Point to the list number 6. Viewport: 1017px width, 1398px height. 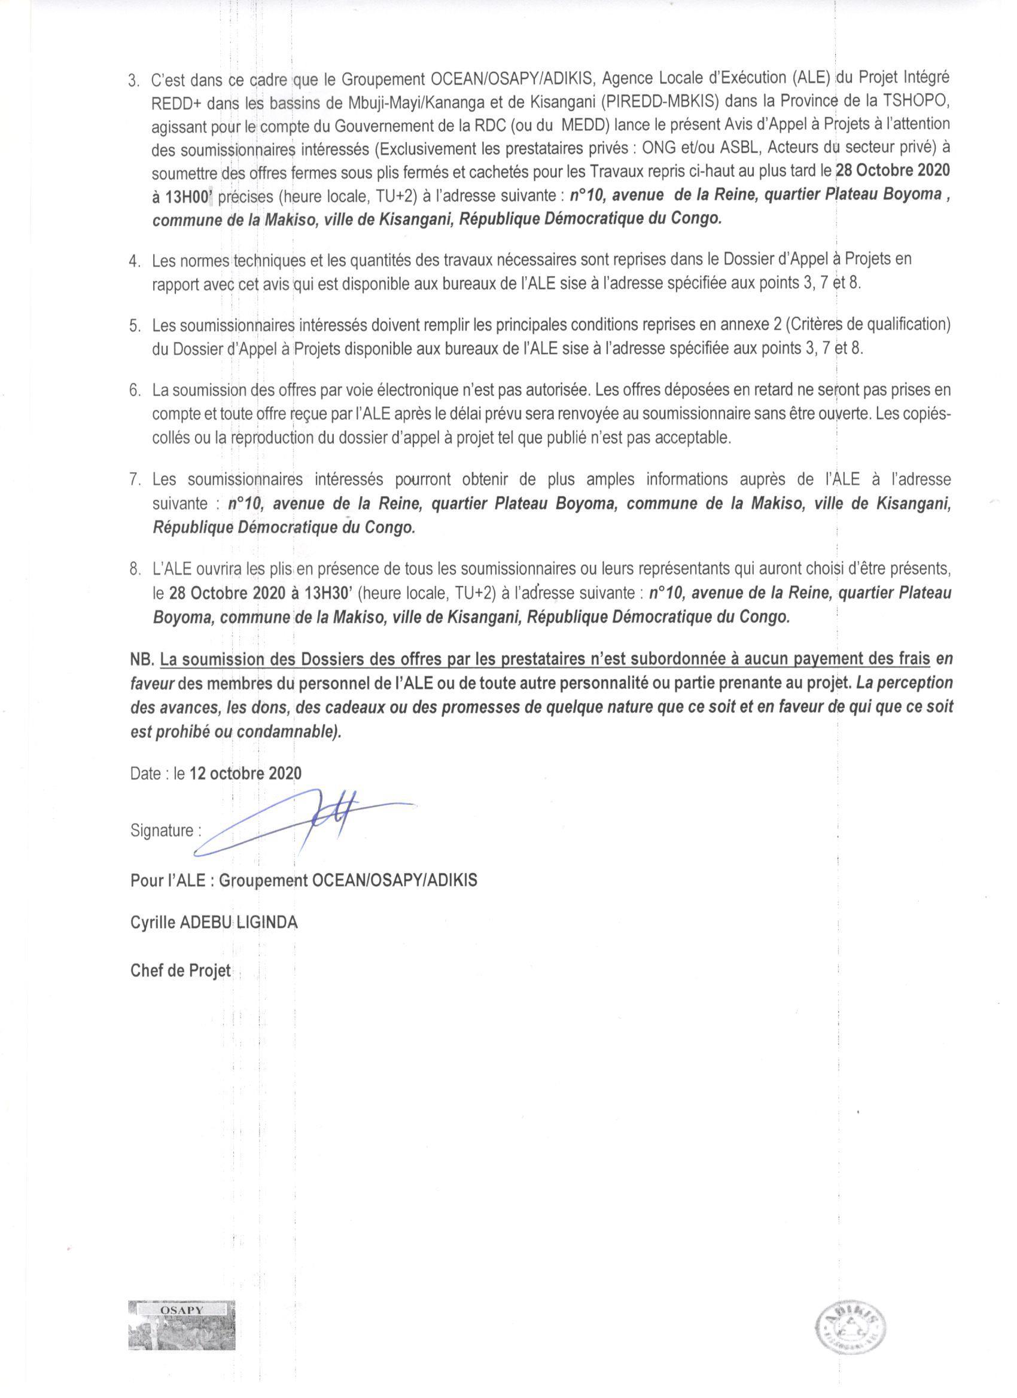[135, 391]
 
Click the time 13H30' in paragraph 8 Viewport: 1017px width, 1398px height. [322, 593]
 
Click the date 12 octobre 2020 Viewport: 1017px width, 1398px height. [245, 774]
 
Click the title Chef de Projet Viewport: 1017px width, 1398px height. [181, 971]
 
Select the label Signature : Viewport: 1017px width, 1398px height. [166, 831]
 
